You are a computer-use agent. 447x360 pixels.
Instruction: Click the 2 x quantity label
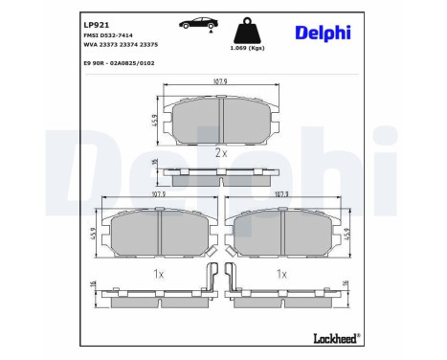click(x=221, y=152)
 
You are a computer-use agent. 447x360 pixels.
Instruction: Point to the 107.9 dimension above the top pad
click(x=221, y=82)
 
